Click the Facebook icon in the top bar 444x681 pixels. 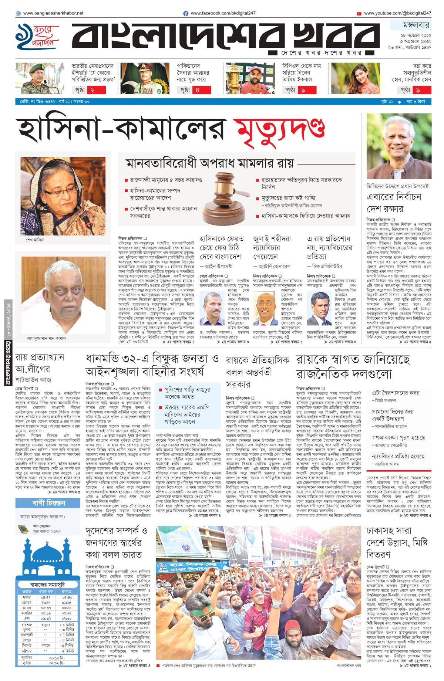point(186,13)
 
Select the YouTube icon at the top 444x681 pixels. point(359,14)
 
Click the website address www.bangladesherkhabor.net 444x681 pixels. point(53,13)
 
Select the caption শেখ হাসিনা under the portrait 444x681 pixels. point(35,240)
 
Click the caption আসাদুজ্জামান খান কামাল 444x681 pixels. point(46,338)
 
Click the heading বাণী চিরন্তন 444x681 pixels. point(48,503)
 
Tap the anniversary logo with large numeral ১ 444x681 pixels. point(37,37)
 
